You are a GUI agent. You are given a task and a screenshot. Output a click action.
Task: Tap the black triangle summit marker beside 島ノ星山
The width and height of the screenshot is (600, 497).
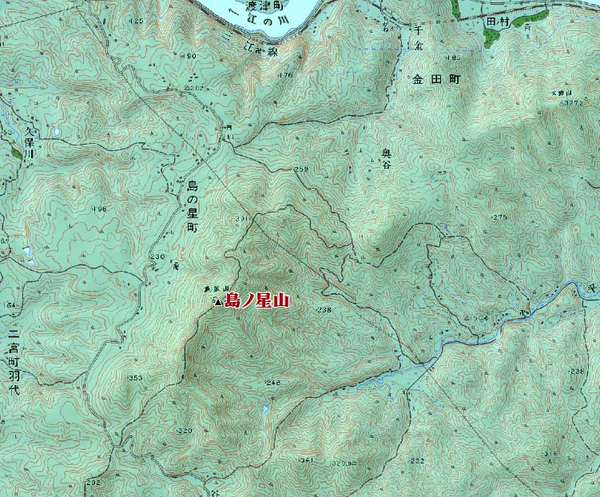pos(217,302)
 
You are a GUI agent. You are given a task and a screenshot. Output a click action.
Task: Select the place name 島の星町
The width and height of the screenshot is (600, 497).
pos(193,206)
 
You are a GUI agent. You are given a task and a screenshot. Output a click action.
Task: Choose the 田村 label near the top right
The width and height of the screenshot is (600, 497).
pos(497,22)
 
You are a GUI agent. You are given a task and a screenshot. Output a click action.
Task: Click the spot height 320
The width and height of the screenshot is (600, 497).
pos(185,431)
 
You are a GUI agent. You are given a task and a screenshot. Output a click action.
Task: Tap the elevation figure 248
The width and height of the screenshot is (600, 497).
pos(274,384)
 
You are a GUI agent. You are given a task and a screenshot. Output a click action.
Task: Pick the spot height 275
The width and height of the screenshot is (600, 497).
pos(500,217)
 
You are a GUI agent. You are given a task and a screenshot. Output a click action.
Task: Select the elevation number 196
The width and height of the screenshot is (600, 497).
pos(99,209)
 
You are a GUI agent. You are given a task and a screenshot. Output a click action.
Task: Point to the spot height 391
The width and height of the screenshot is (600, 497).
pos(244,217)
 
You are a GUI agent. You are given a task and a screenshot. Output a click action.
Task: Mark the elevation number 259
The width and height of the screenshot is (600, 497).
pos(301,169)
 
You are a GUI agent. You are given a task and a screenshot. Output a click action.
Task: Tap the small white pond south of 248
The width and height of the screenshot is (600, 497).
pos(266,410)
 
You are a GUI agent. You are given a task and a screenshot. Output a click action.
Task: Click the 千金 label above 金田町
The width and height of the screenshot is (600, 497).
pos(416,38)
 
